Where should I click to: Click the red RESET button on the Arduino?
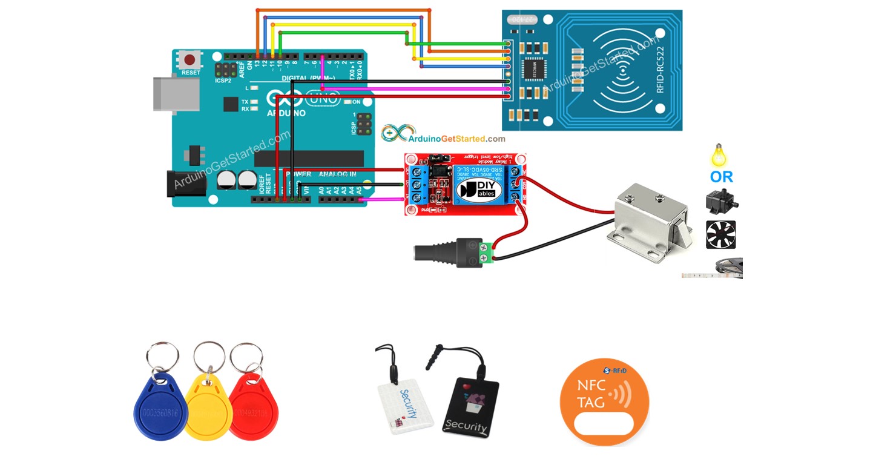click(x=190, y=60)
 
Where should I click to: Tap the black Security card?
click(x=471, y=408)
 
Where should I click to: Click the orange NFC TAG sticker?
click(x=604, y=403)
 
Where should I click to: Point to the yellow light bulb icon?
click(x=719, y=155)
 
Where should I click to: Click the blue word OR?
click(x=722, y=177)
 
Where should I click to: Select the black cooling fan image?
click(x=720, y=234)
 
